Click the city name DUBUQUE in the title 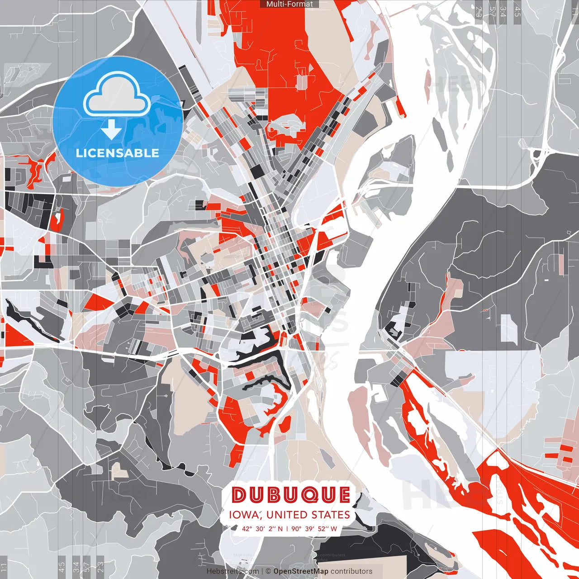[x=291, y=495]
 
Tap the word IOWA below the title [x=244, y=515]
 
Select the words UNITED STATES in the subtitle [x=308, y=515]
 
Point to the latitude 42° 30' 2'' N [x=262, y=528]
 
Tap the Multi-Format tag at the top [x=289, y=4]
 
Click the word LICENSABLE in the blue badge [x=117, y=153]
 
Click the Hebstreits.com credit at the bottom [x=233, y=571]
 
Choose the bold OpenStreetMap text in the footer [x=300, y=571]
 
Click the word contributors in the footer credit [x=351, y=571]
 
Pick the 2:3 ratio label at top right [x=479, y=12]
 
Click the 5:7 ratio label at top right [x=492, y=12]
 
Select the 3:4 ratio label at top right [x=503, y=12]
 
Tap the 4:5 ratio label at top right [x=517, y=12]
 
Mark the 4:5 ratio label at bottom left [x=62, y=567]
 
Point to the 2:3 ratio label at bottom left [x=100, y=567]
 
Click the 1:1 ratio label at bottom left [x=4, y=567]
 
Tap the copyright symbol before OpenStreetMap [x=268, y=571]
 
